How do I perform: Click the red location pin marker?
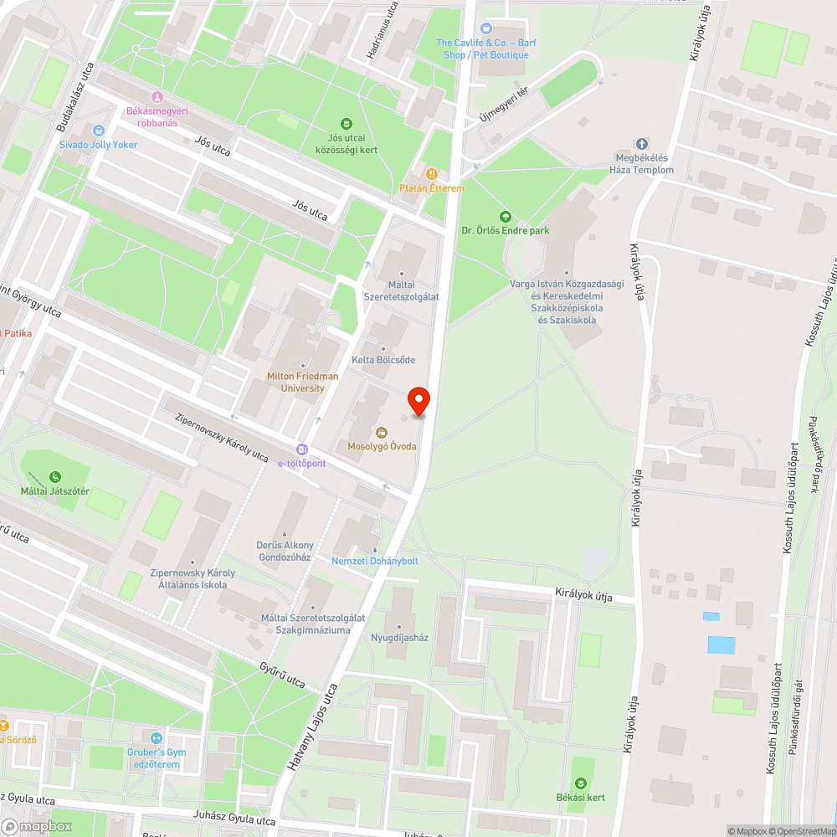(418, 402)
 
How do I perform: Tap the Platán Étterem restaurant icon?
(432, 173)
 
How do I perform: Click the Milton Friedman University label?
(302, 383)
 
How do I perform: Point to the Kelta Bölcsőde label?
(383, 360)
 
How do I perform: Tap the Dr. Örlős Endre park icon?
(505, 216)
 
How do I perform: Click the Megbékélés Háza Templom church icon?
(642, 144)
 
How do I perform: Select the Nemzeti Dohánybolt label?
(375, 561)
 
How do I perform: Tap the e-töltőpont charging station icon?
(302, 449)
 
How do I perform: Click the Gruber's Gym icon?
(156, 738)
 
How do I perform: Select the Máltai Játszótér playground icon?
(54, 477)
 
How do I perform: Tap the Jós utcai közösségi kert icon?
(347, 124)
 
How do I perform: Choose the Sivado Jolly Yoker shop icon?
(99, 131)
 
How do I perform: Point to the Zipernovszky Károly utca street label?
(222, 436)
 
